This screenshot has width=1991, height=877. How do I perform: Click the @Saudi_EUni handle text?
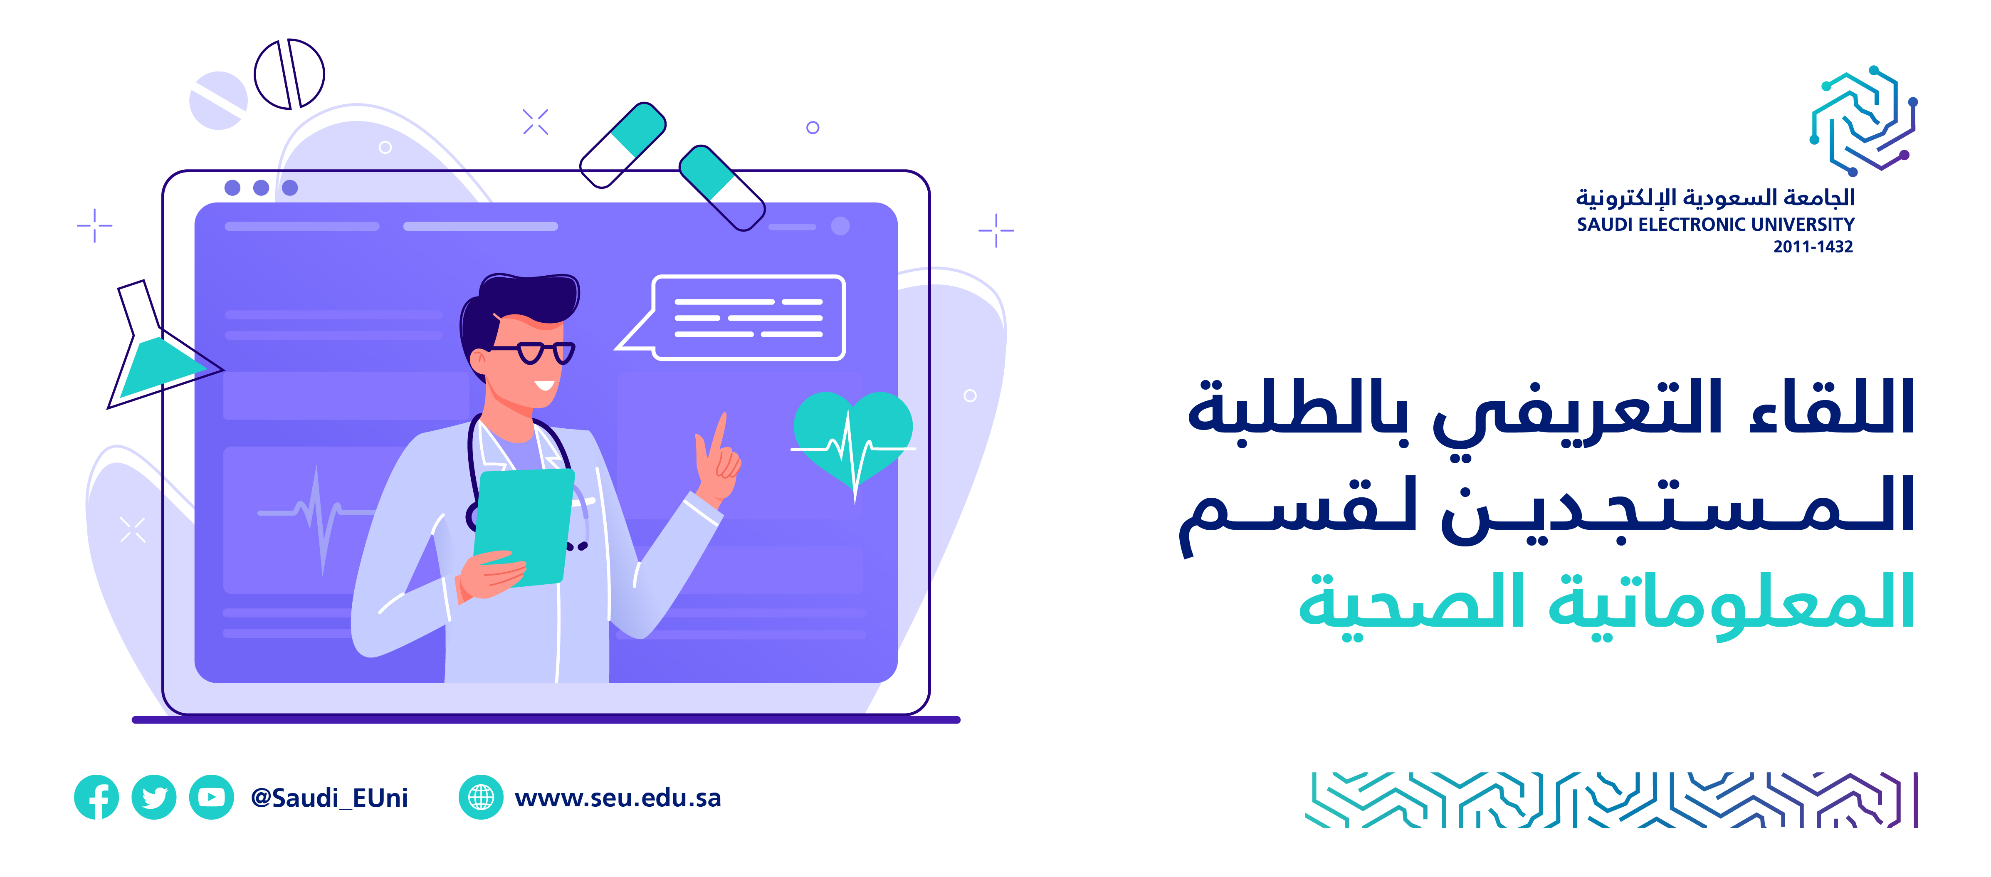[x=329, y=798]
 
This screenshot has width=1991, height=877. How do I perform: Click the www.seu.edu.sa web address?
[x=618, y=798]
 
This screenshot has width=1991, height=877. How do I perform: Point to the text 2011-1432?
[x=1813, y=247]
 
